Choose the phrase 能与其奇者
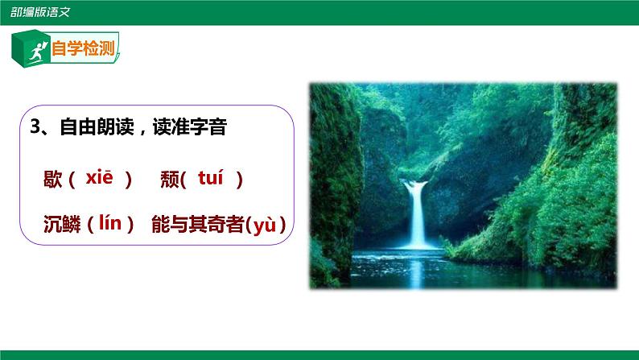click(197, 226)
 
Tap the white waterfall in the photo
click(416, 213)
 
